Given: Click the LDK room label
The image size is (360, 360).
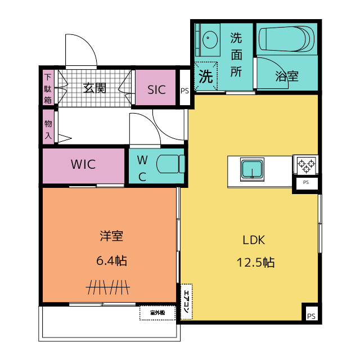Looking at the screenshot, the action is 254,240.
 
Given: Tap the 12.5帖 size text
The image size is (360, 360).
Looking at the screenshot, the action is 255,262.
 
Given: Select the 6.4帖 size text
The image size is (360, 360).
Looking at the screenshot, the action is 111,260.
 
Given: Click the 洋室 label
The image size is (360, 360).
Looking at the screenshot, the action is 111,236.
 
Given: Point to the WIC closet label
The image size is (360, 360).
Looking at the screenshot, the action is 83,164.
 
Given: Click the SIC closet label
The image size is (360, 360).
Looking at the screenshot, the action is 156,90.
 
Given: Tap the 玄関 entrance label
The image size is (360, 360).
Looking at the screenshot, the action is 94,88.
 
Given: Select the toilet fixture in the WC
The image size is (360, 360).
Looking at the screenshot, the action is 170,164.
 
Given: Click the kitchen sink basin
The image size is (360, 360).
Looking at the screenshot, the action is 252,169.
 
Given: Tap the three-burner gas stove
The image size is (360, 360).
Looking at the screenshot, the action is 306,164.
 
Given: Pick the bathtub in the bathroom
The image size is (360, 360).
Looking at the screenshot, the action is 287,39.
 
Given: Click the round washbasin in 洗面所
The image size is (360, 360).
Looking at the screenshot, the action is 210,39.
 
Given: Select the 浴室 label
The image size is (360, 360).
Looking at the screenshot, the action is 287,76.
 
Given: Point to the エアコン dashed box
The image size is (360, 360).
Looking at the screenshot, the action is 186,301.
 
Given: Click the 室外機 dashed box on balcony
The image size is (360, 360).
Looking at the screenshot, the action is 157,313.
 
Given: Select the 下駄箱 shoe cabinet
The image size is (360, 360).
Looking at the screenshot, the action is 48,88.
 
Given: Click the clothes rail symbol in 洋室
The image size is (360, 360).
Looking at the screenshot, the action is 108,287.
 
